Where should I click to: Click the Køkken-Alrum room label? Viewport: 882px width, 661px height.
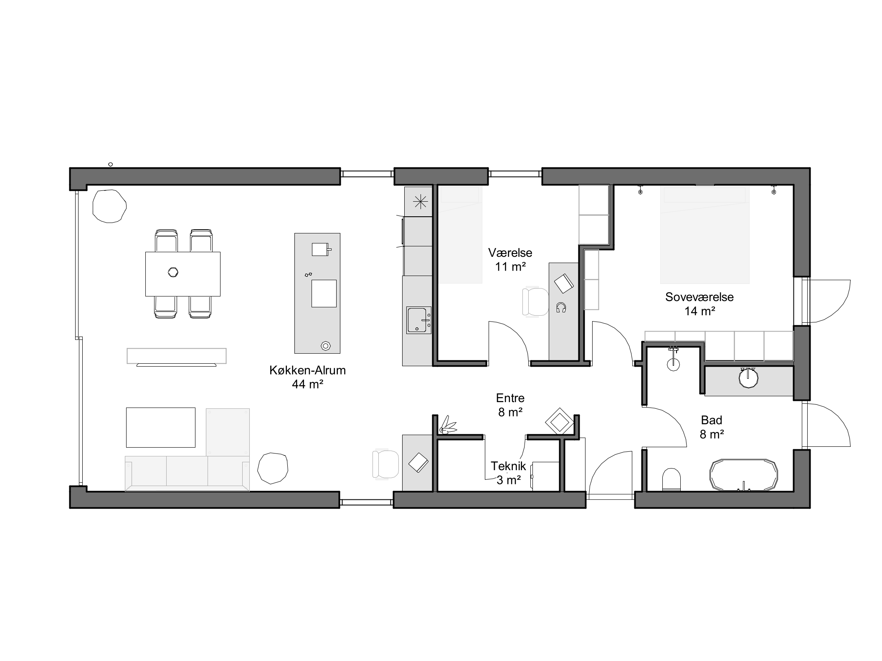tap(307, 370)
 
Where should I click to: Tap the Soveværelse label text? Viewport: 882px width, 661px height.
tap(700, 297)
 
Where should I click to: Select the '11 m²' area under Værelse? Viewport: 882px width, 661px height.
tap(510, 267)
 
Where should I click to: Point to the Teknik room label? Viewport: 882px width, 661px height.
tap(508, 466)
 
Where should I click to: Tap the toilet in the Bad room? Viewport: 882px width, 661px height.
tap(672, 479)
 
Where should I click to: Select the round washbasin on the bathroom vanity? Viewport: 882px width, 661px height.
tap(748, 378)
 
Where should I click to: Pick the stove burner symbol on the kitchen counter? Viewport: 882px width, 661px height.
tap(420, 203)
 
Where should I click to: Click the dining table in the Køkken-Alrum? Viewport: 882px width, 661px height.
tap(183, 274)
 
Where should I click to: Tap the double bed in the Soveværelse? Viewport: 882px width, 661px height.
tap(705, 235)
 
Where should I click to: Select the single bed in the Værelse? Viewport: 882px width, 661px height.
tap(459, 235)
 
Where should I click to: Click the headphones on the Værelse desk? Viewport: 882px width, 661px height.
tap(561, 308)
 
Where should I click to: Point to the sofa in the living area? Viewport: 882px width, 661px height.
tap(187, 473)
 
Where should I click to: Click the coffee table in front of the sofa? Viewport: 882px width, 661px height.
tap(161, 428)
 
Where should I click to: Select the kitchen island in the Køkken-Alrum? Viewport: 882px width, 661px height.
tap(317, 293)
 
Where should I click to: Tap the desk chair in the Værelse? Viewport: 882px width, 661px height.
tap(536, 301)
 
